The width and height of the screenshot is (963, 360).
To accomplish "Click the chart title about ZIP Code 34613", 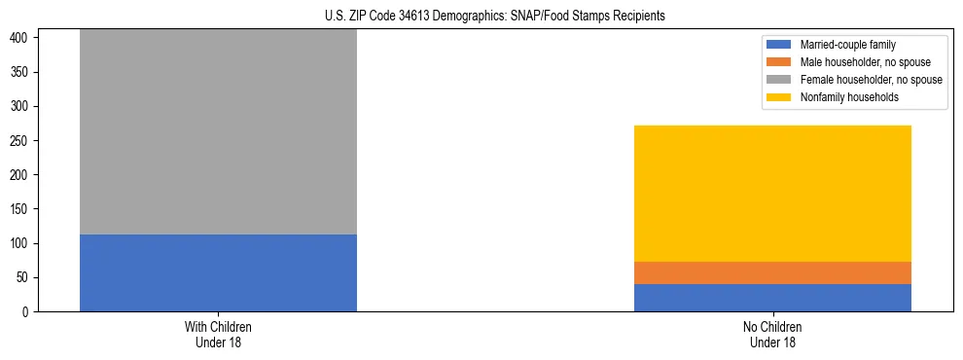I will pos(495,17).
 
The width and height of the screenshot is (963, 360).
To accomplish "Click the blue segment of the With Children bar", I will pos(218,272).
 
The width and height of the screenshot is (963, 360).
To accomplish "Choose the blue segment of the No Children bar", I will pos(772,298).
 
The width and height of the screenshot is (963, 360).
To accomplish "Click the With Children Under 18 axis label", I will pos(218,334).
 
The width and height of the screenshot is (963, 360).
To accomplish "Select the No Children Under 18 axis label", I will pos(772,334).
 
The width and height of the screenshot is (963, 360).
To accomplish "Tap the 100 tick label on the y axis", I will pos(21,243).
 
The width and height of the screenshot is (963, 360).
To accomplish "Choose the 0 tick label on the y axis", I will pos(28,312).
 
